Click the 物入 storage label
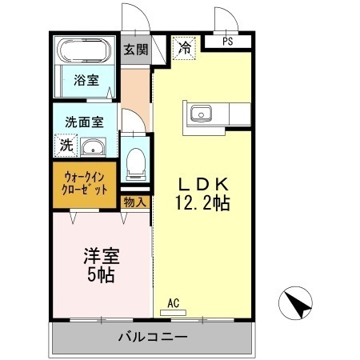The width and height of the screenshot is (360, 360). (135, 202)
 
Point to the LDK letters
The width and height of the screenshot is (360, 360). (202, 182)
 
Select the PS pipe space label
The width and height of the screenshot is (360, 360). (228, 42)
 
